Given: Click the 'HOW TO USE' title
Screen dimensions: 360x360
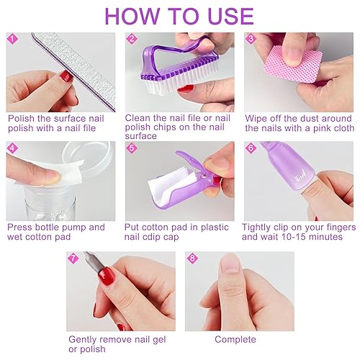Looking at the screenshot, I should click(x=179, y=16).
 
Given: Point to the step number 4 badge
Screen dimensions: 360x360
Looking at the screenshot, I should click(x=12, y=148).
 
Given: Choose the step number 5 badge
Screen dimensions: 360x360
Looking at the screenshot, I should click(x=131, y=148).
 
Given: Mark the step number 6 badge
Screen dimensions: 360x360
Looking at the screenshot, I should click(x=251, y=148).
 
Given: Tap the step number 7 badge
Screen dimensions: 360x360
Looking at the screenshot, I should click(x=73, y=257).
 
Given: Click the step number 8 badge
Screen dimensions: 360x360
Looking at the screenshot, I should click(x=192, y=257).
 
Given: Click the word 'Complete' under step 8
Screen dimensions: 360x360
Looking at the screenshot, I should click(x=235, y=339).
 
